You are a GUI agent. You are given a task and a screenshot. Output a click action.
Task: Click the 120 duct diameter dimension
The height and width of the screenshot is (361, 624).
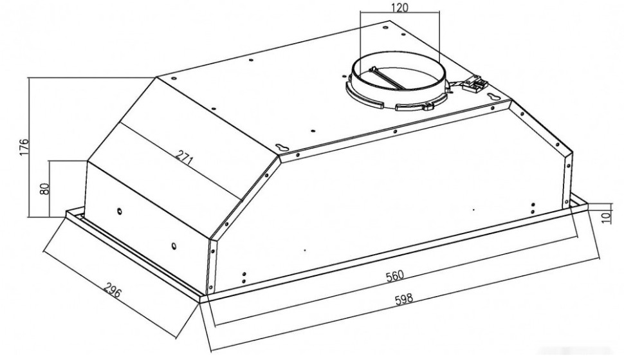click(x=399, y=8)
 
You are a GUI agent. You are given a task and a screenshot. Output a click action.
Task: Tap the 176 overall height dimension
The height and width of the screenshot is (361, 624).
click(x=24, y=147)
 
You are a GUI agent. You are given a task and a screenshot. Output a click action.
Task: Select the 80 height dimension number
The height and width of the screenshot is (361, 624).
click(x=44, y=189)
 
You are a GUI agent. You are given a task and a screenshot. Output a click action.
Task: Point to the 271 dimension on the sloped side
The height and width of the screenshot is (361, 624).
click(x=185, y=159)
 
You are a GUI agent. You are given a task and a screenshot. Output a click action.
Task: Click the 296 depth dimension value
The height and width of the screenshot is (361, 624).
click(x=113, y=292)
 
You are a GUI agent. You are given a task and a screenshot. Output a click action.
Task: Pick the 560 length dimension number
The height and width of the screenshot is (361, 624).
click(x=395, y=275)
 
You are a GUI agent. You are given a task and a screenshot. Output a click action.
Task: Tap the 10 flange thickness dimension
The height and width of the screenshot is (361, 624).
click(x=606, y=217)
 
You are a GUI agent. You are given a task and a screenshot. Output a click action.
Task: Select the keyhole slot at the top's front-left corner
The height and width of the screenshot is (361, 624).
click(x=282, y=147)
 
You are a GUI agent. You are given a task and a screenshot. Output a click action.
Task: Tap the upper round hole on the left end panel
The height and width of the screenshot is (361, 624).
click(x=119, y=210)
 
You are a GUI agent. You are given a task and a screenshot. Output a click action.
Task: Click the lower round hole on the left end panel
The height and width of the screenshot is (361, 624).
click(x=174, y=246)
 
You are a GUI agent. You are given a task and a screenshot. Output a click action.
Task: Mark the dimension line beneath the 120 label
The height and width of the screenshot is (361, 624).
click(x=399, y=13)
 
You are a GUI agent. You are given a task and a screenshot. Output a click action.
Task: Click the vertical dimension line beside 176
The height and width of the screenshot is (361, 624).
click(x=29, y=147)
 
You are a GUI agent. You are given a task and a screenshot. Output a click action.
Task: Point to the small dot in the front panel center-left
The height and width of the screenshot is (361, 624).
click(x=304, y=250)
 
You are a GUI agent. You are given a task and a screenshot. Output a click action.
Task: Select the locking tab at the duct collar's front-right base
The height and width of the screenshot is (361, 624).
click(x=428, y=106)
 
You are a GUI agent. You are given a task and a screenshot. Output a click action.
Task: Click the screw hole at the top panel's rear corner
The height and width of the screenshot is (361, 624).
click(x=385, y=28)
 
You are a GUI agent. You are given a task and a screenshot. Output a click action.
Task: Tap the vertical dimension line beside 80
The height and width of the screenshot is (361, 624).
click(x=49, y=189)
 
